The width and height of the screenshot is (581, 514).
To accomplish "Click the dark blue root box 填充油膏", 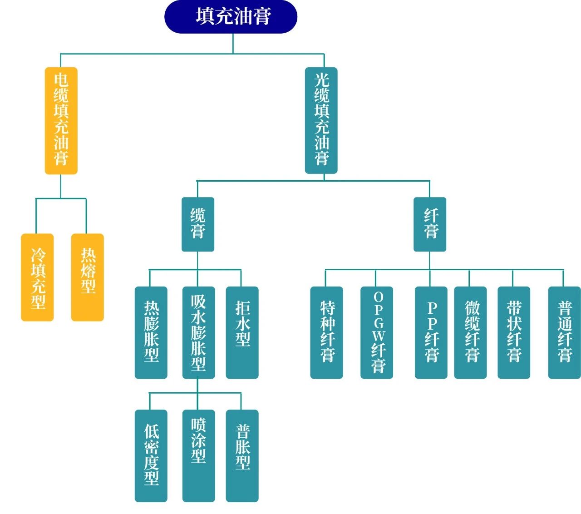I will click(x=231, y=17).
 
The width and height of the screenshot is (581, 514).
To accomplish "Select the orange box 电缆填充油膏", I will click(x=61, y=120).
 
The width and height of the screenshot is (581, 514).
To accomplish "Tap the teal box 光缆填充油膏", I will click(x=321, y=120).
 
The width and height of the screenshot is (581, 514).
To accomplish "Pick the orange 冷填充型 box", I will click(x=38, y=277).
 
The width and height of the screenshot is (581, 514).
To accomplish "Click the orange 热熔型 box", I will click(x=88, y=277).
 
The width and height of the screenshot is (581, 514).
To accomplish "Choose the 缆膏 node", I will click(x=198, y=224).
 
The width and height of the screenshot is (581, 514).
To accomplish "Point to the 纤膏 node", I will click(x=430, y=224).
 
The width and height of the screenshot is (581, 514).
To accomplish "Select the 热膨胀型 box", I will click(x=151, y=332).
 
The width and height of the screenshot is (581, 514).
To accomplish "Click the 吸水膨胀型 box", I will click(x=198, y=332).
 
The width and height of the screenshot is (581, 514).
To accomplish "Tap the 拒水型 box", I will click(x=242, y=332).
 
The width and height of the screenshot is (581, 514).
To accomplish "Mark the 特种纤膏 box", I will click(x=327, y=332).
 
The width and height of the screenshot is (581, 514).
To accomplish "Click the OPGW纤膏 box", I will click(x=377, y=332).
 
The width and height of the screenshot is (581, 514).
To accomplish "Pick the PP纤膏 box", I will click(x=431, y=332).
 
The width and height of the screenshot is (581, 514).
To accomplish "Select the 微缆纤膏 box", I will click(x=471, y=332).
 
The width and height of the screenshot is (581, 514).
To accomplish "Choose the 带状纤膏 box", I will click(x=514, y=332).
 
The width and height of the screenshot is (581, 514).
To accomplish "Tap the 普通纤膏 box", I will click(x=565, y=332).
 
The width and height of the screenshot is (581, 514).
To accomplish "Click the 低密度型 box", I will click(x=151, y=455).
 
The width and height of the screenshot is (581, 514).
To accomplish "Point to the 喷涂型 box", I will click(x=198, y=455).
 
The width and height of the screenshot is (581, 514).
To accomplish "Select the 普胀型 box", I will click(x=242, y=455).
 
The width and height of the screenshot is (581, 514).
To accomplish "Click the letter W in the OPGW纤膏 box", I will click(x=379, y=336).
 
